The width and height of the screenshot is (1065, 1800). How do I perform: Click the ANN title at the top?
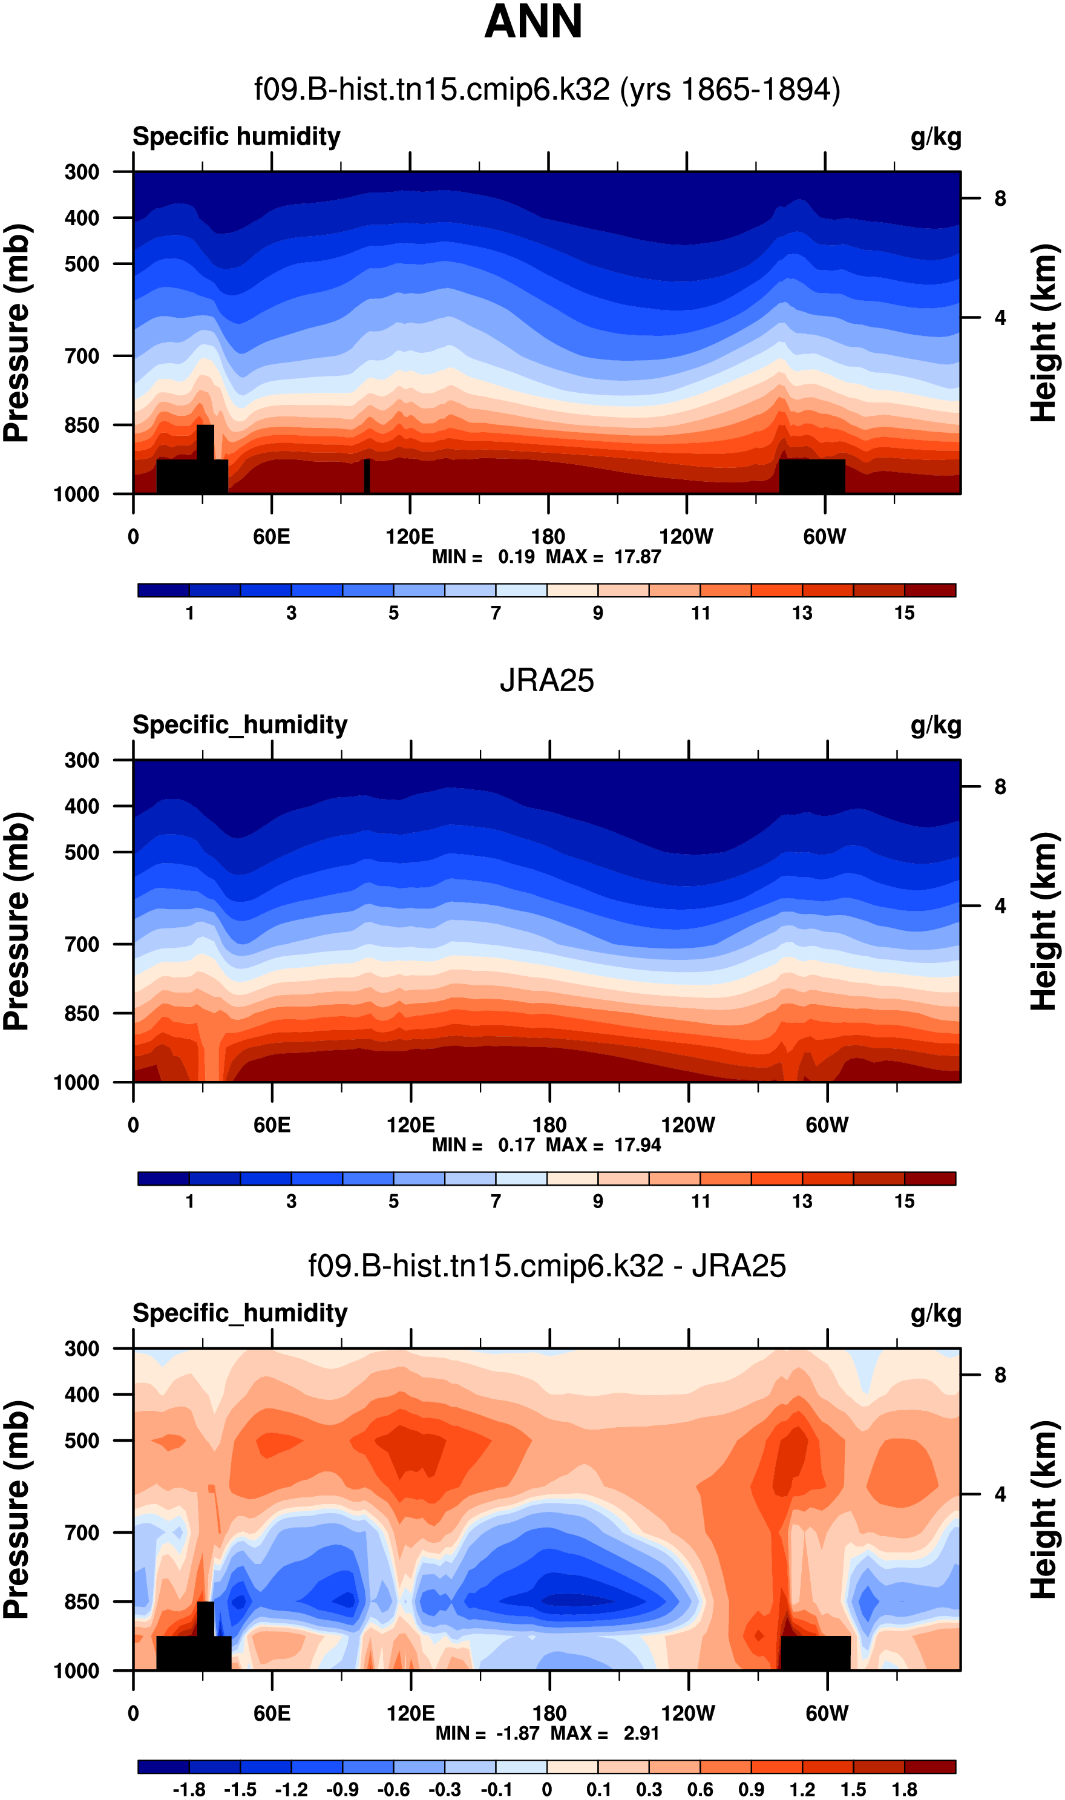pos(532,22)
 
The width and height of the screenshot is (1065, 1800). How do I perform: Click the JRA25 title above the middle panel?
pos(547,680)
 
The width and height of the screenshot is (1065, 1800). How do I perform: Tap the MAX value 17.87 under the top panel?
pos(637,556)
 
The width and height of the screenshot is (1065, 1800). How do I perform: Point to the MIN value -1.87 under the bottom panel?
pos(517,1733)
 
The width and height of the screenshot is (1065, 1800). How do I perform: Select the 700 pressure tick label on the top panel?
pos(82,355)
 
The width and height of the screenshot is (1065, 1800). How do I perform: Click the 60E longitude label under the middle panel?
pos(272,1125)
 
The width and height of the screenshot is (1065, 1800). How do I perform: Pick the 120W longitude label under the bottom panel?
pos(687,1713)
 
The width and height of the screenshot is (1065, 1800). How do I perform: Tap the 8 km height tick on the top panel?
pos(1000,199)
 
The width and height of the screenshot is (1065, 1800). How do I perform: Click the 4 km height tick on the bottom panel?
pos(1000,1494)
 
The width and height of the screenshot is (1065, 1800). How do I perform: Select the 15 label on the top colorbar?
pos(904,613)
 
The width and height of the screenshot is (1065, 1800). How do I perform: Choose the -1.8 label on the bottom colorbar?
pos(189,1789)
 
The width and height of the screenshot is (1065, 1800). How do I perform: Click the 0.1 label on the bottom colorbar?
pos(598,1789)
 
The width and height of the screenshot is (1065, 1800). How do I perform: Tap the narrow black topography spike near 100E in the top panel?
pos(367,476)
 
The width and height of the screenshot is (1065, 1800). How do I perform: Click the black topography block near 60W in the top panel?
pos(811,476)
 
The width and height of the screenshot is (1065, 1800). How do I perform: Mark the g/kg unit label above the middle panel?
pos(936,726)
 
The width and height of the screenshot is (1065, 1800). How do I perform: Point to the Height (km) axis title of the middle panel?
pos(1044,922)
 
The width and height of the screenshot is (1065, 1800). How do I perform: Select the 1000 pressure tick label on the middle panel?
pos(77,1082)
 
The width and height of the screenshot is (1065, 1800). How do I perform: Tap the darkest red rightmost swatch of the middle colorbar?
pos(929,1178)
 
